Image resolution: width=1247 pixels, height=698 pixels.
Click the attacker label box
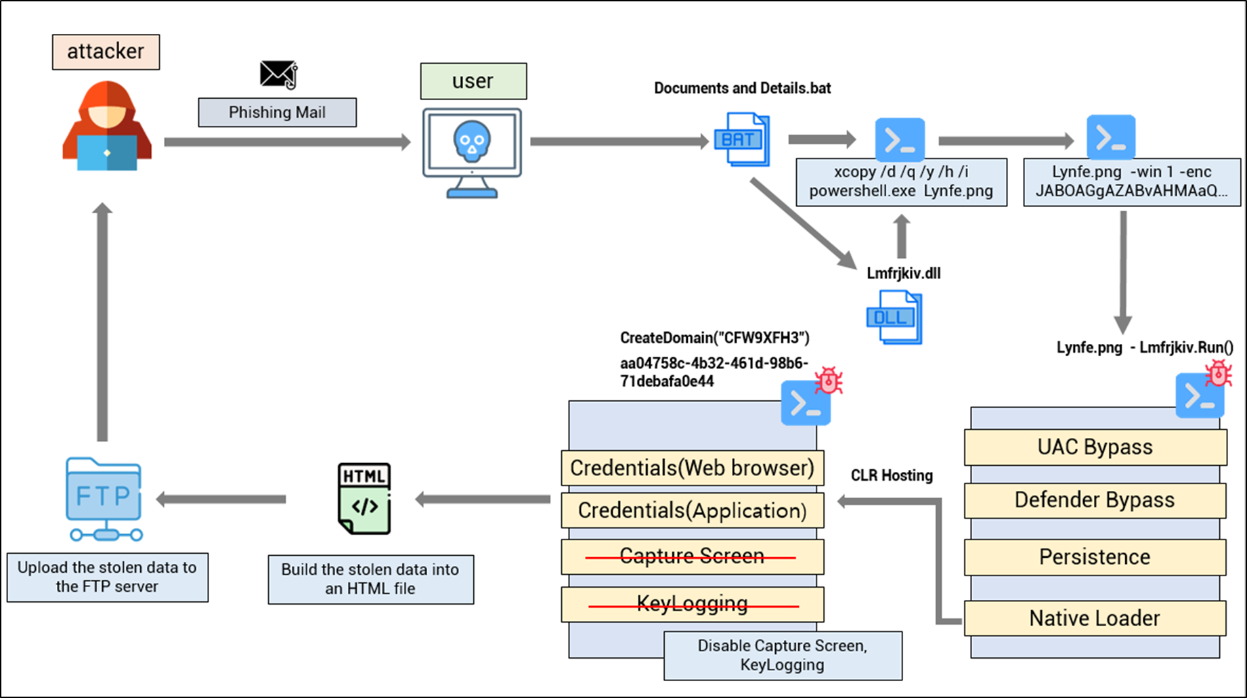pos(106,52)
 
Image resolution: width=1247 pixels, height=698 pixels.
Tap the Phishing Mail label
pos(277,112)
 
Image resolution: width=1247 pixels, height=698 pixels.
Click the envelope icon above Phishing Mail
pos(278,74)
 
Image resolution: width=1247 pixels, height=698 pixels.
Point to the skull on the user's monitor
pos(472,141)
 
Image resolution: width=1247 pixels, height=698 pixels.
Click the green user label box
pos(473,81)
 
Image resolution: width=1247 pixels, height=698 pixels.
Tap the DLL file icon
pos(894,317)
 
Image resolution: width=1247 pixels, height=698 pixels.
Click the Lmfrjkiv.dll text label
pos(903,274)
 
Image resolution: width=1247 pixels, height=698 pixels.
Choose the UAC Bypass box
pos(1095,448)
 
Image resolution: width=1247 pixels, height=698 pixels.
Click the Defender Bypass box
pos(1095,500)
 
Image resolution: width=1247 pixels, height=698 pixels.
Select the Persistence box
pos(1095,557)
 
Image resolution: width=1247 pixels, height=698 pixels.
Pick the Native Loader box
pos(1095,618)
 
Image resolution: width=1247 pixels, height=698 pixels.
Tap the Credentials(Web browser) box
pos(692,468)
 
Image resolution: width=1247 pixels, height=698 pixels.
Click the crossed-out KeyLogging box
pos(692,604)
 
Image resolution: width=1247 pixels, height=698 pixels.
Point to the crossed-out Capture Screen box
pos(692,557)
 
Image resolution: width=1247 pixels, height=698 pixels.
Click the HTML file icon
pos(364,499)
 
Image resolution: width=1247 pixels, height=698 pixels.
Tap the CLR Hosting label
pos(892,476)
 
